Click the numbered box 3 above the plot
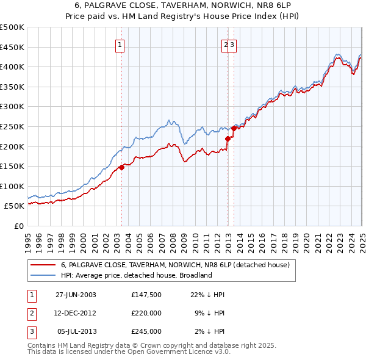[233, 45]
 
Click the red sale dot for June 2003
[121, 167]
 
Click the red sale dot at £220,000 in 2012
[228, 139]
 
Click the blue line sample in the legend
[43, 275]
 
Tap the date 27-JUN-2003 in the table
[76, 295]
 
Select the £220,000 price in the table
[146, 313]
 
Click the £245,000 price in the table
[146, 331]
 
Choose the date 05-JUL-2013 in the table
[76, 331]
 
